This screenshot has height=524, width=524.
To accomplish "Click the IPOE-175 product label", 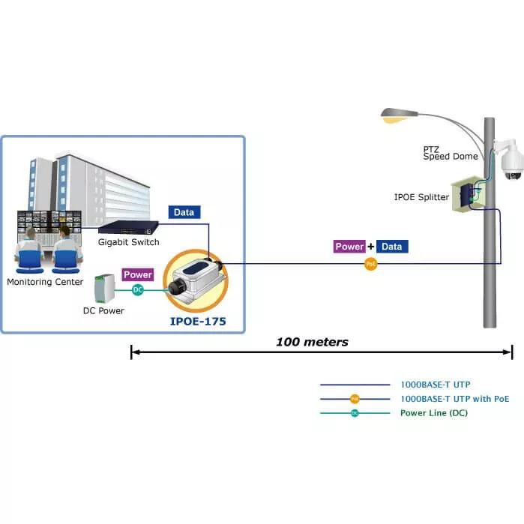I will (197, 322).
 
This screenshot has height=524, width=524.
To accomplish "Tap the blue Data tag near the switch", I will (184, 212).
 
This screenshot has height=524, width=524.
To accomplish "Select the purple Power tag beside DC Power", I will (138, 275).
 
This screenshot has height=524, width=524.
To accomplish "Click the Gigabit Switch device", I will (128, 226).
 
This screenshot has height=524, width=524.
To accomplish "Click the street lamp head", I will (398, 115).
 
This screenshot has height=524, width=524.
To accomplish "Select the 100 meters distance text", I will (312, 342).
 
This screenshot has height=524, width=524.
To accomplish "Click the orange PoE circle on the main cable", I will (370, 264).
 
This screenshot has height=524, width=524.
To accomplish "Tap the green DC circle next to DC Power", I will (137, 289).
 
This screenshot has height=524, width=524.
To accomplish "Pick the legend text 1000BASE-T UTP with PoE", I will (454, 399).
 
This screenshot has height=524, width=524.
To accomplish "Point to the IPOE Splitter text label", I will (421, 197).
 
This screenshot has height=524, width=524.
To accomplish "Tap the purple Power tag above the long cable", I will (349, 247).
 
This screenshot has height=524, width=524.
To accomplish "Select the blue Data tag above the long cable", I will (393, 247).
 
